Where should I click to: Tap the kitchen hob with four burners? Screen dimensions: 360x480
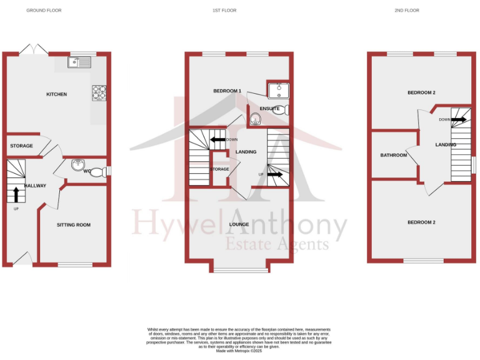click(x=100, y=92)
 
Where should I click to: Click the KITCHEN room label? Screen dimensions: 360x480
click(x=57, y=94)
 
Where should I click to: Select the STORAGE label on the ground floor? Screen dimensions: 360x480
click(x=21, y=146)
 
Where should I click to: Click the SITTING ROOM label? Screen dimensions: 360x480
click(x=74, y=225)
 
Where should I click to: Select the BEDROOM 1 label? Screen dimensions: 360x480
click(x=227, y=91)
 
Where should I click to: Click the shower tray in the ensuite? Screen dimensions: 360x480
click(x=277, y=91)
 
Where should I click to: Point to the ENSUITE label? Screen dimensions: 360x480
click(x=270, y=109)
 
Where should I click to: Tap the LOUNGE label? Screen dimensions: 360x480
click(x=239, y=224)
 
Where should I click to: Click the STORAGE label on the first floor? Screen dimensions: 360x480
click(x=219, y=169)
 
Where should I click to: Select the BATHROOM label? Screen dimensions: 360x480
click(x=394, y=155)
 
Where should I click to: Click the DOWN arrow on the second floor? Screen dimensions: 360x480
click(x=458, y=119)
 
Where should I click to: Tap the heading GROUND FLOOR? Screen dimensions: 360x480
click(x=44, y=11)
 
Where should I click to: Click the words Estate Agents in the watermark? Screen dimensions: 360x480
click(x=277, y=244)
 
